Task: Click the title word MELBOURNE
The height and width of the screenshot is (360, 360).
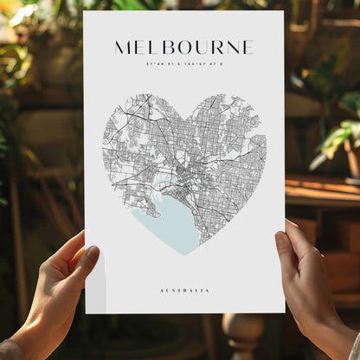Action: coord(183,47)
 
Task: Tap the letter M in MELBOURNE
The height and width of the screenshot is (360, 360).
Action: coord(123,47)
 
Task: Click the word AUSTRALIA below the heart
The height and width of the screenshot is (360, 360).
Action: coord(184,290)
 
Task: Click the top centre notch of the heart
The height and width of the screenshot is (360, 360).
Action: coord(183,108)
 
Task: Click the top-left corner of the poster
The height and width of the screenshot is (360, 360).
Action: coord(84,12)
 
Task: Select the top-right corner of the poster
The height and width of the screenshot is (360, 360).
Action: coord(283,11)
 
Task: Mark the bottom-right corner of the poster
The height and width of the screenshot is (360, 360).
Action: coord(285,312)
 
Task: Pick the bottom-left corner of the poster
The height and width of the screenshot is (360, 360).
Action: coord(86,313)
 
